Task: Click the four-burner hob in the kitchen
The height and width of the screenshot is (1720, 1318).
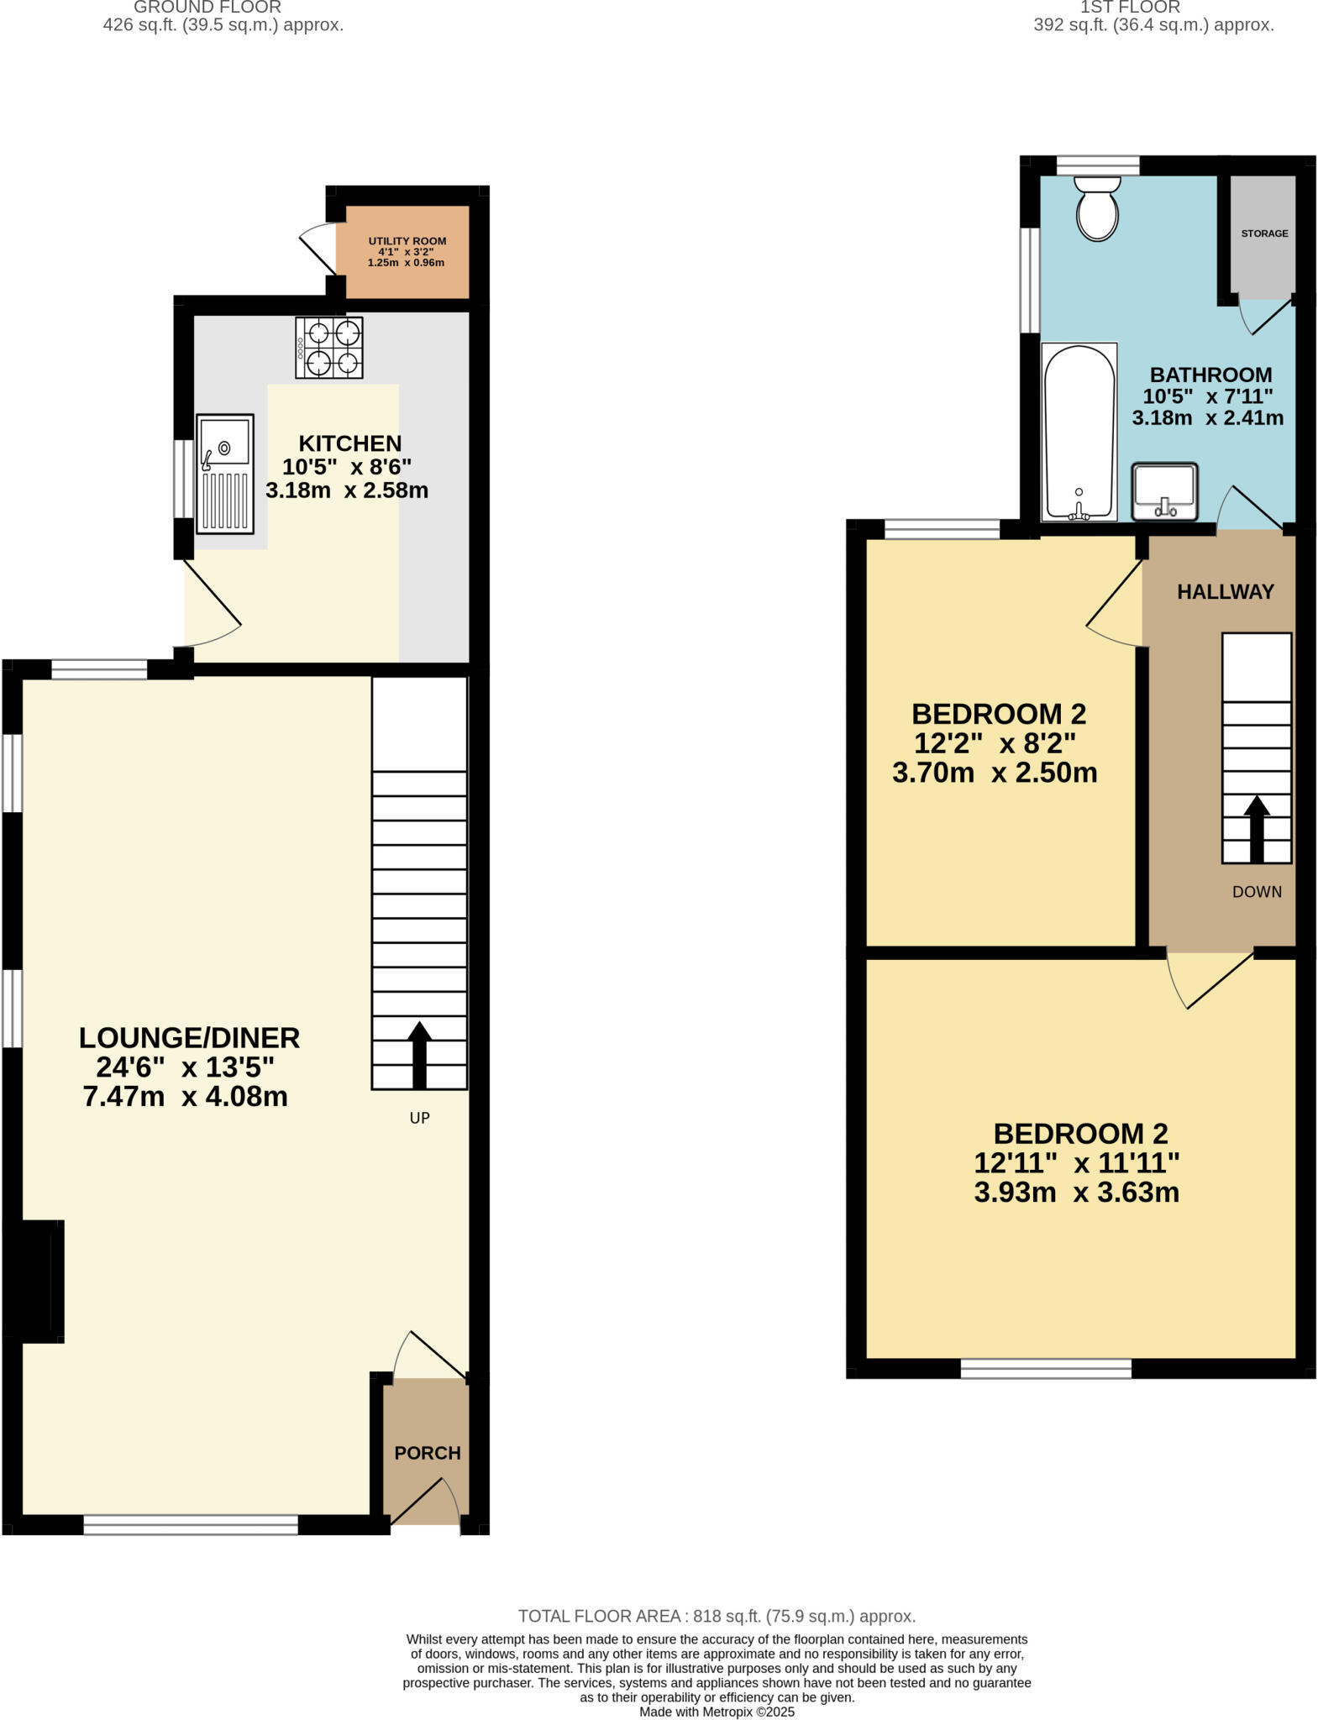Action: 328,347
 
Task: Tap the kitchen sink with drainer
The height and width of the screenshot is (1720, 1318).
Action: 225,474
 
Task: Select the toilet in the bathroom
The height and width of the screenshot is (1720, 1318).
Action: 1097,208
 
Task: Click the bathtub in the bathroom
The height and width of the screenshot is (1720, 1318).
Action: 1079,432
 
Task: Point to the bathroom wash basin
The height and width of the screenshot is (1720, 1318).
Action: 1163,492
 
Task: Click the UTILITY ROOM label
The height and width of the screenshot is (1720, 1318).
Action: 407,241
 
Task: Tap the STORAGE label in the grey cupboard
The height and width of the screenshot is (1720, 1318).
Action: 1264,233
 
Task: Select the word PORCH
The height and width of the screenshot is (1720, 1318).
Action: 428,1453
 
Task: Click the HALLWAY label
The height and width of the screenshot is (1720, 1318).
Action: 1225,592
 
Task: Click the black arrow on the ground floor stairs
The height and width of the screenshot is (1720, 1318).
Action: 419,1054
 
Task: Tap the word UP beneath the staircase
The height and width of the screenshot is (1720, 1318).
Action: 419,1118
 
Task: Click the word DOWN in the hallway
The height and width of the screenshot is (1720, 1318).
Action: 1257,892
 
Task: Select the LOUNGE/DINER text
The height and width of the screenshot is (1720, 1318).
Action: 189,1038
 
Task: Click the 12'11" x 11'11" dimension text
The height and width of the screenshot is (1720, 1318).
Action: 1076,1163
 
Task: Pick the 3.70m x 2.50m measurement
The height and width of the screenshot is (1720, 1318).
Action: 994,773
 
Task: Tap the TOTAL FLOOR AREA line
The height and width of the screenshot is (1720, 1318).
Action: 716,1616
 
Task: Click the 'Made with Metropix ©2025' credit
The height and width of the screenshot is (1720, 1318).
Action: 716,1712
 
